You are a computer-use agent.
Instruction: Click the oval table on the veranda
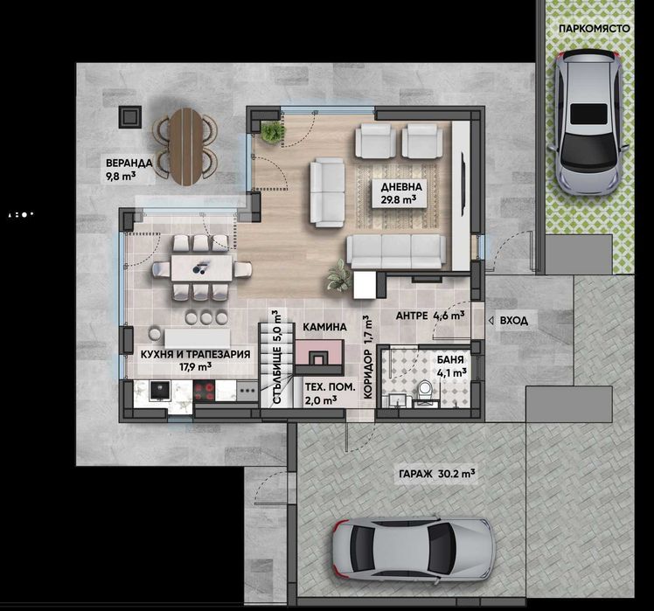pyautogui.click(x=185, y=145)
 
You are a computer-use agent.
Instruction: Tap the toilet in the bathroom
pyautogui.click(x=427, y=392)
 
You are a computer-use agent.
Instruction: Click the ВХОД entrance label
pyautogui.click(x=513, y=321)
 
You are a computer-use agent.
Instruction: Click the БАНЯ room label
pyautogui.click(x=450, y=365)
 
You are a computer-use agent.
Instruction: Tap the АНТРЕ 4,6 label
pyautogui.click(x=429, y=316)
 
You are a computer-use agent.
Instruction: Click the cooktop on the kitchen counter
pyautogui.click(x=205, y=392)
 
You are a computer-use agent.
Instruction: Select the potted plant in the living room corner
pyautogui.click(x=273, y=132)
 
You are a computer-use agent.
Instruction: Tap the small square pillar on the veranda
pyautogui.click(x=130, y=115)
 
